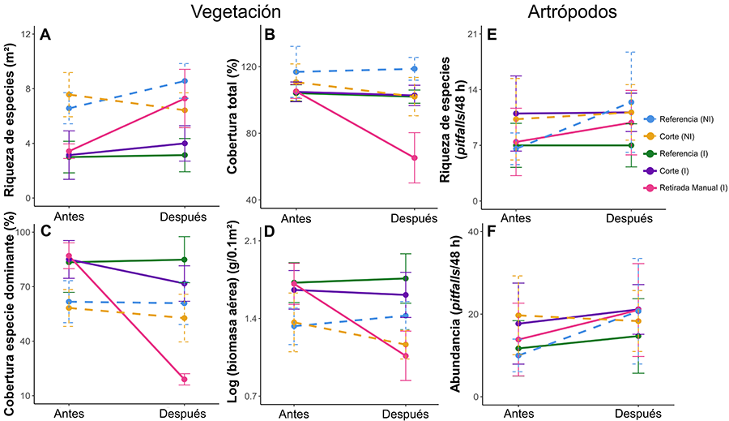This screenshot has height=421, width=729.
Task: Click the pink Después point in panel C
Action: (x=185, y=379)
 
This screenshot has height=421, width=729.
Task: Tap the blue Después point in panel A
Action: (x=185, y=81)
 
